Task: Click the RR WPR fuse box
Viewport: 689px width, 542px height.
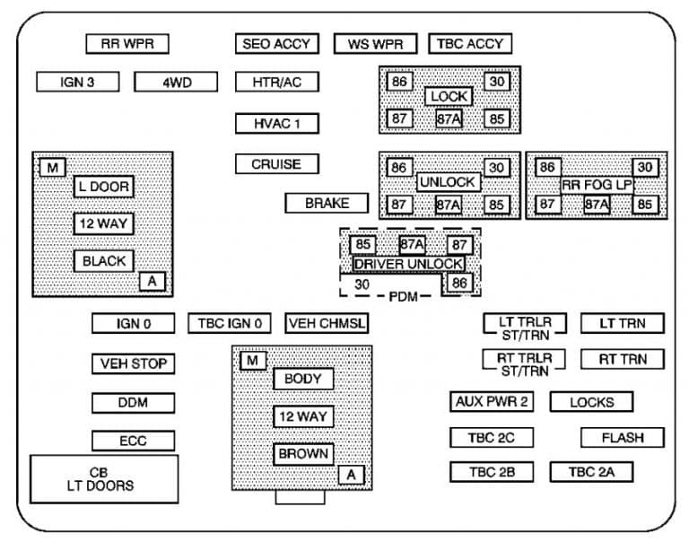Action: click(x=127, y=44)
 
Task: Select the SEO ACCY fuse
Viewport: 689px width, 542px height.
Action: click(x=277, y=44)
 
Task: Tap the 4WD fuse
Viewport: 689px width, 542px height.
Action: click(x=176, y=83)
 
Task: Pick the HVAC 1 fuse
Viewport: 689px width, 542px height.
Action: click(x=277, y=124)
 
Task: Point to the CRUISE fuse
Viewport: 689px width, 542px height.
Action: click(x=277, y=164)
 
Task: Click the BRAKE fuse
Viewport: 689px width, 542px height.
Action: click(x=327, y=203)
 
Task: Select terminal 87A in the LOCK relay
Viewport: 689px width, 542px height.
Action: click(x=449, y=118)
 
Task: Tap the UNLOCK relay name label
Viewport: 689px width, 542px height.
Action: click(x=449, y=181)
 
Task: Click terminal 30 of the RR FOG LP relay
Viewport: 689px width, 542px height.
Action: click(x=645, y=167)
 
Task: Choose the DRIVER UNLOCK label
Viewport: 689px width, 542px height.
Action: click(x=409, y=264)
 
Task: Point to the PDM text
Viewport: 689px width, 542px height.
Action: click(x=404, y=297)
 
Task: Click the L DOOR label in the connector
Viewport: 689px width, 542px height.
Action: click(x=104, y=187)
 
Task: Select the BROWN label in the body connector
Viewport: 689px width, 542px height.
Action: click(x=303, y=454)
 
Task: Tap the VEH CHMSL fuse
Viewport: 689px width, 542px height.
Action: click(x=327, y=324)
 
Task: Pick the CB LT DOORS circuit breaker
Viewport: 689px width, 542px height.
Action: click(x=104, y=479)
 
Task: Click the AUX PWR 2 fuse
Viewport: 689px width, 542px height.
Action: click(x=492, y=401)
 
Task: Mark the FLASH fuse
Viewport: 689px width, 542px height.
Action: click(x=623, y=438)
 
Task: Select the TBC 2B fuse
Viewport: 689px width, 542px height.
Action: click(x=492, y=472)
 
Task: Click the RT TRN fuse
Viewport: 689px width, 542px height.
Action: click(x=623, y=359)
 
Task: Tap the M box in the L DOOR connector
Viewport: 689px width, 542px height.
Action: click(x=52, y=168)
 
